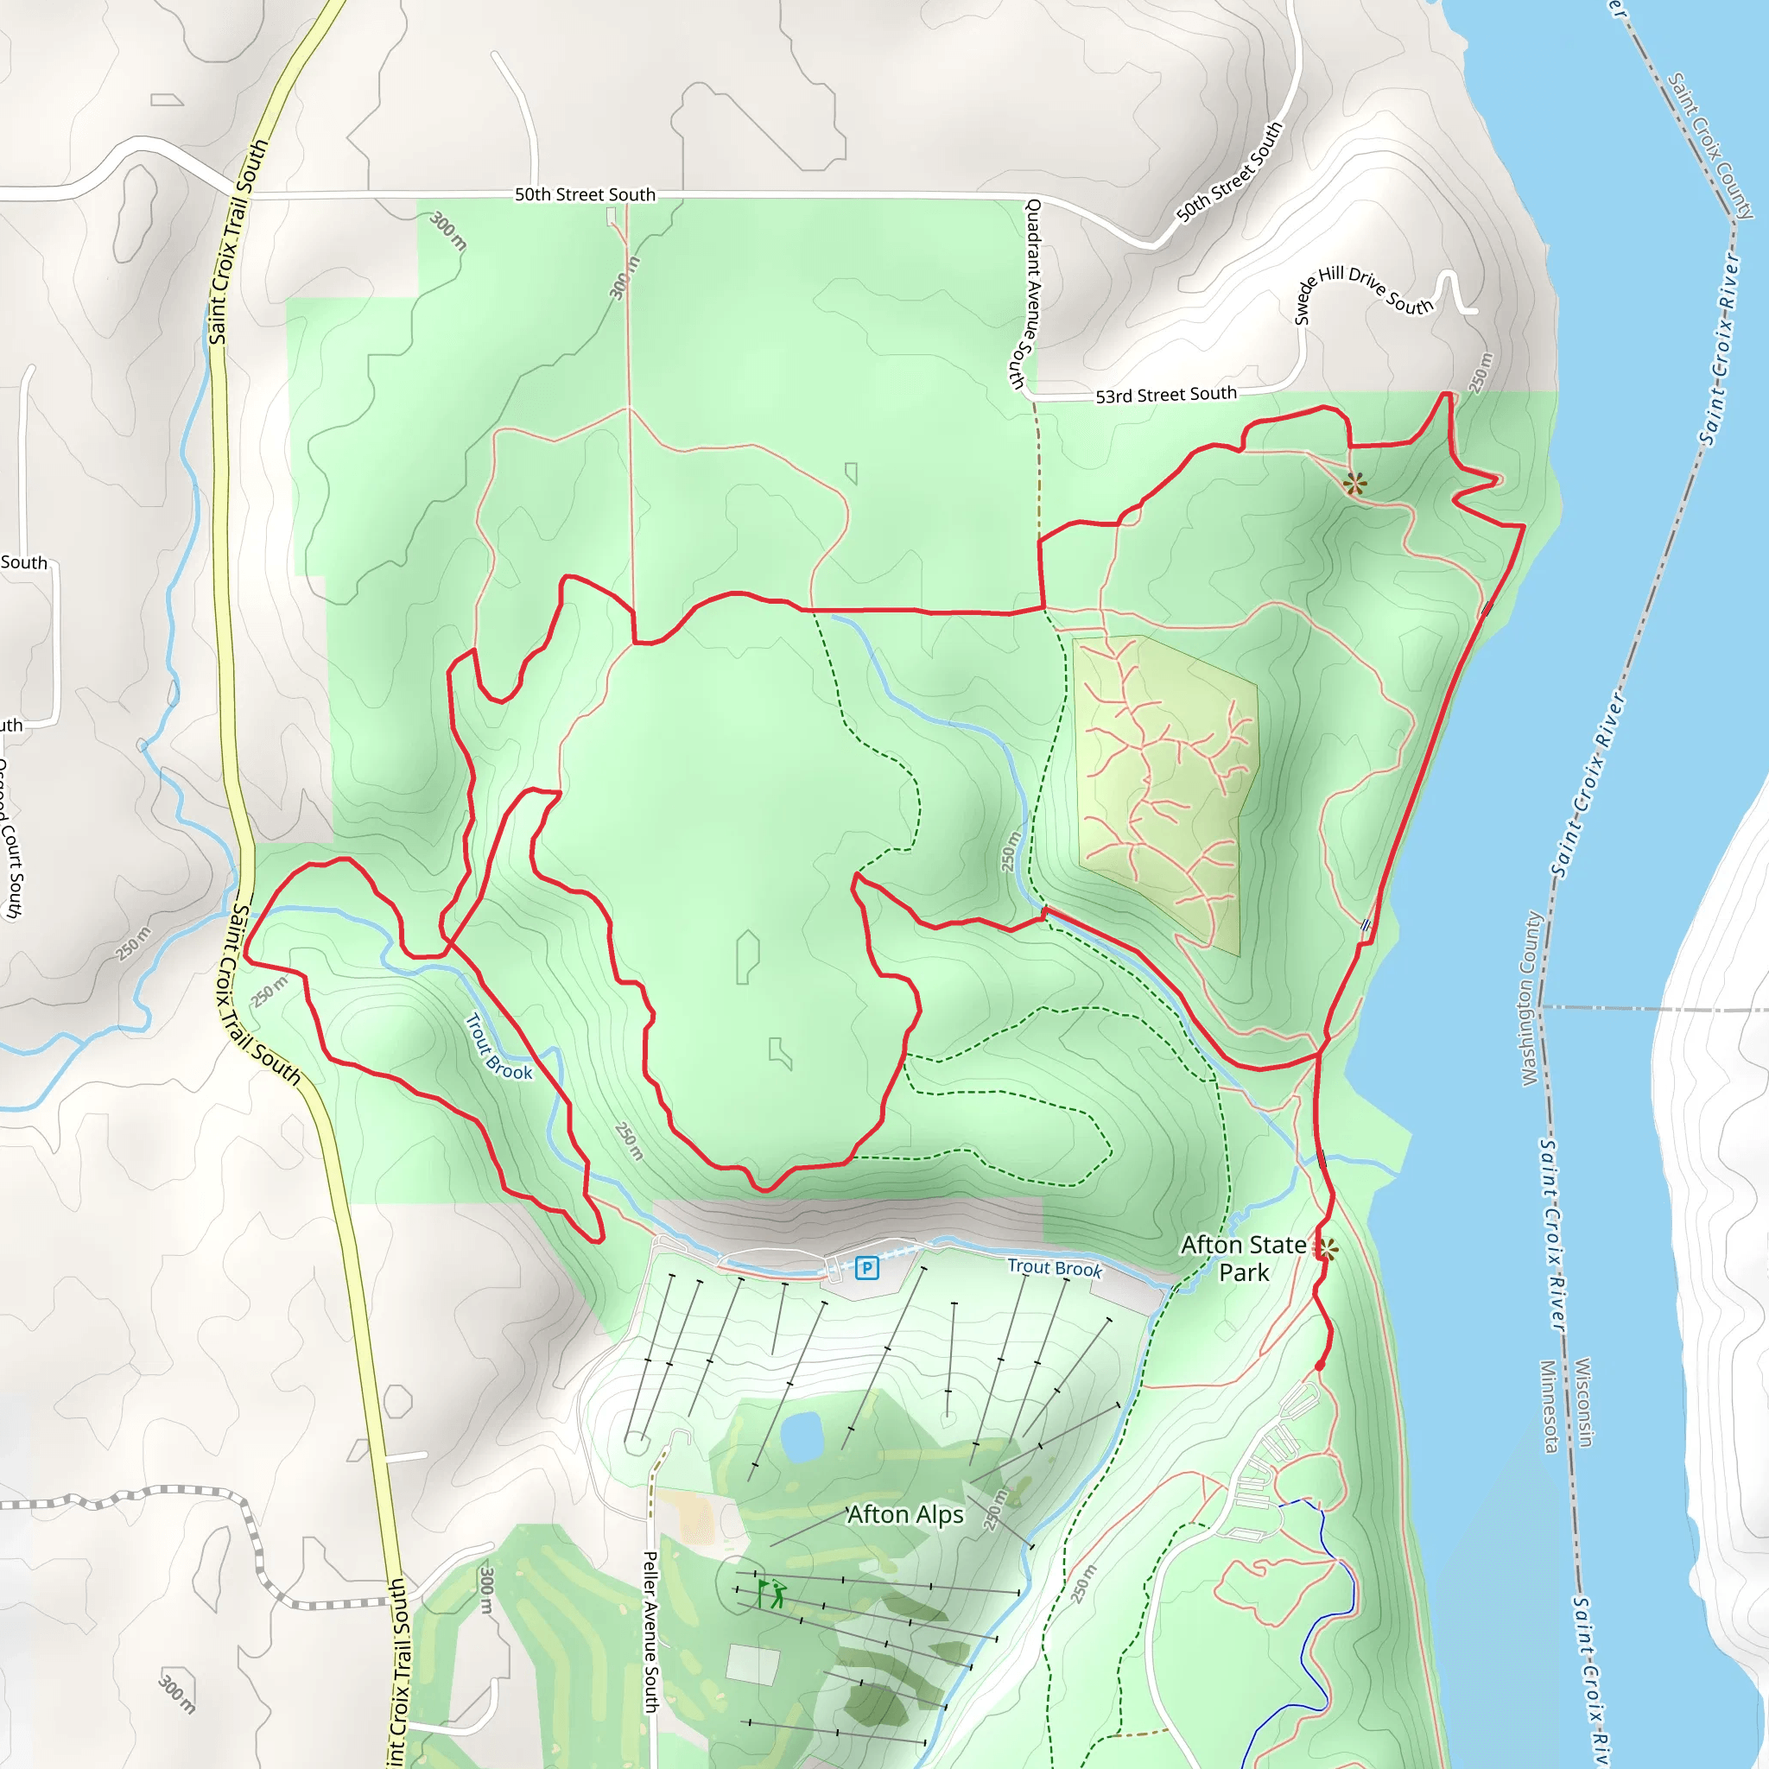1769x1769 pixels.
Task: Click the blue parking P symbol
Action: (866, 1268)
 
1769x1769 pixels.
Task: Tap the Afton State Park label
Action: (1244, 1258)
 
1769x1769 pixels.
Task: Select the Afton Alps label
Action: (904, 1514)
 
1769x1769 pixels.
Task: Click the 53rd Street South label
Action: (1165, 395)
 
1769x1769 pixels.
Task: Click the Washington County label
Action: (1531, 998)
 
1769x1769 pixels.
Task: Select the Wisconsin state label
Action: (1584, 1402)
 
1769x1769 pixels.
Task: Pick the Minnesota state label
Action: (1549, 1405)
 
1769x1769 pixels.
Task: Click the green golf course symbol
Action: (772, 1593)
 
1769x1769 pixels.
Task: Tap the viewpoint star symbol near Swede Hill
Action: (1355, 483)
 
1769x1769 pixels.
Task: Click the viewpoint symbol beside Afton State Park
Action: (1327, 1247)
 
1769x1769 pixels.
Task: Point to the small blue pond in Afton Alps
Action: (802, 1436)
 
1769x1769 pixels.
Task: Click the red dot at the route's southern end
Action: (1320, 1366)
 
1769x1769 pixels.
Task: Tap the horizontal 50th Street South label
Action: (584, 194)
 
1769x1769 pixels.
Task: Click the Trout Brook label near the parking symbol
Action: (1054, 1267)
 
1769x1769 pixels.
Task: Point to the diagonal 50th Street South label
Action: (1230, 171)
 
